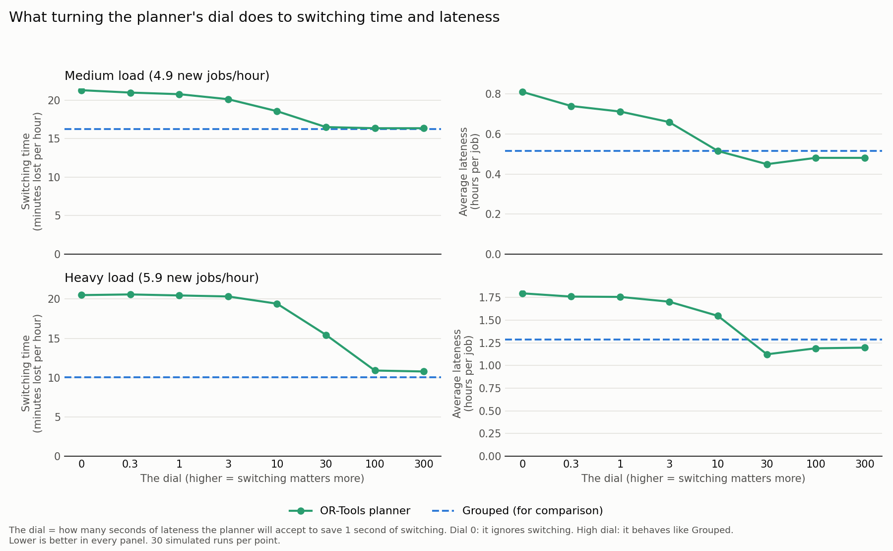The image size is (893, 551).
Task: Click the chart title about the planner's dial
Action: (254, 17)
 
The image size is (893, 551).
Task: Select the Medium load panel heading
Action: (167, 76)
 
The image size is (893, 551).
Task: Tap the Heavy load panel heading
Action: (162, 278)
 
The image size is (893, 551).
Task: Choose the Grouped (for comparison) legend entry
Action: (517, 511)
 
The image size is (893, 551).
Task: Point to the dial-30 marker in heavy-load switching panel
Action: (326, 335)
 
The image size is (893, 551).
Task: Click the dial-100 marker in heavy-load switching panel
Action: (375, 370)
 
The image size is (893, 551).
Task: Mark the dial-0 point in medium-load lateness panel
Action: (522, 92)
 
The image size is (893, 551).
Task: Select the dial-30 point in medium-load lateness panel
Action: (767, 164)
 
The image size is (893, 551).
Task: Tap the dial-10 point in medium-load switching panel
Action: (277, 111)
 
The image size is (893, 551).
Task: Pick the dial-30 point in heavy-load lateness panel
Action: (767, 354)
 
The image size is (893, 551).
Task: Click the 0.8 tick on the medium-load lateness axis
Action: (493, 94)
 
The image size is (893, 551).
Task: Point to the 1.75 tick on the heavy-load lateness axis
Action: (490, 298)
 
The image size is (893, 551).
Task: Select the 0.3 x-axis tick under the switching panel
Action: (130, 464)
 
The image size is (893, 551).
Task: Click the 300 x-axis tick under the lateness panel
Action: (865, 464)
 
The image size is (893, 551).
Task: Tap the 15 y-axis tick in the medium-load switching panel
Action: (54, 139)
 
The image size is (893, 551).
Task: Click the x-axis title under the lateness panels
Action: (693, 479)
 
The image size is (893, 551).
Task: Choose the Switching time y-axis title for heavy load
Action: (32, 373)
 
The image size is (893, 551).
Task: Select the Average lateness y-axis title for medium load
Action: (469, 172)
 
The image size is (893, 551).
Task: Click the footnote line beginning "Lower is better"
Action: (144, 541)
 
